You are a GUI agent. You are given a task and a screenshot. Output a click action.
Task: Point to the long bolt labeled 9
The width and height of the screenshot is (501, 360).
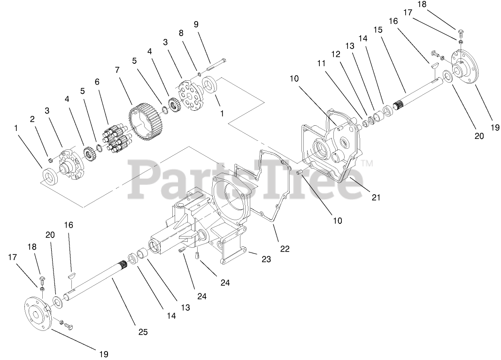tap(216, 65)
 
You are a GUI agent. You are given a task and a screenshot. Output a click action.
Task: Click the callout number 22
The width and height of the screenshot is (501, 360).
tap(285, 249)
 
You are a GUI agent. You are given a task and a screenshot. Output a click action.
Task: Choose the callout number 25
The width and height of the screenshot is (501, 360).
tap(143, 332)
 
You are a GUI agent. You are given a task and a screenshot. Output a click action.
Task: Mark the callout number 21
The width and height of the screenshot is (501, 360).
tap(376, 198)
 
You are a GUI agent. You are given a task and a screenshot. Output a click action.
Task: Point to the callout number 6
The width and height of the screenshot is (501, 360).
tap(97, 81)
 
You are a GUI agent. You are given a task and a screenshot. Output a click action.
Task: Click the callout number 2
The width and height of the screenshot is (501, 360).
tap(32, 119)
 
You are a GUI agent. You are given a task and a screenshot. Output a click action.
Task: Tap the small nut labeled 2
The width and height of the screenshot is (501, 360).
tap(50, 161)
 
